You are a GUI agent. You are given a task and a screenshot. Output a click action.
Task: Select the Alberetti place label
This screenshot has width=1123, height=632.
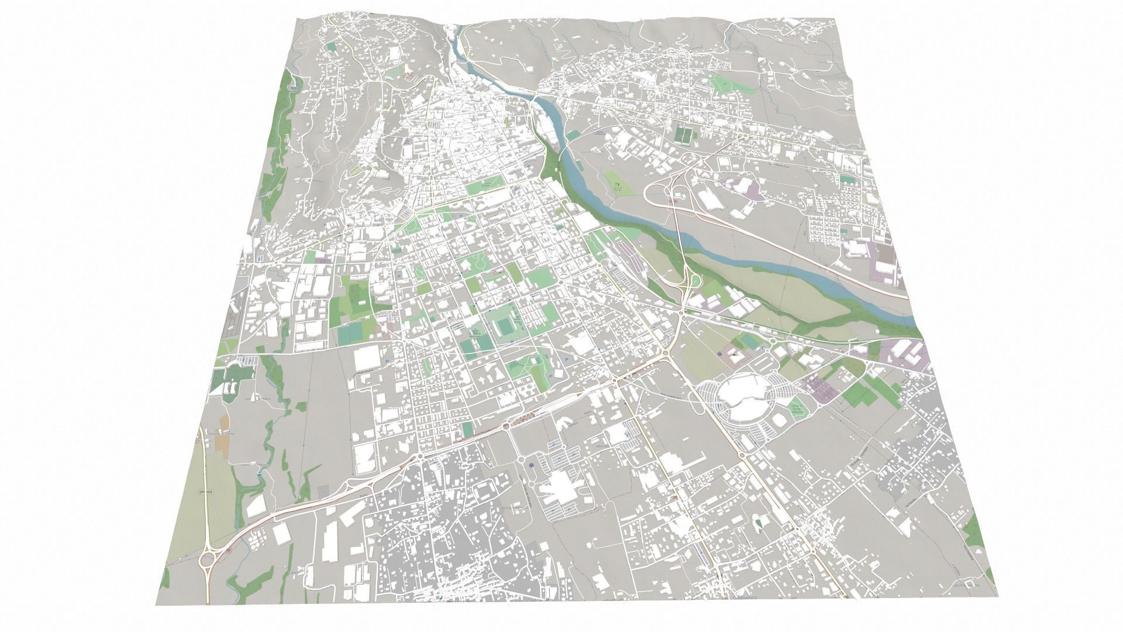click(x=602, y=446)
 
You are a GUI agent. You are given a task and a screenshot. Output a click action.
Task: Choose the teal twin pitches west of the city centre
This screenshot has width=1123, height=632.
click(x=350, y=334)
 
